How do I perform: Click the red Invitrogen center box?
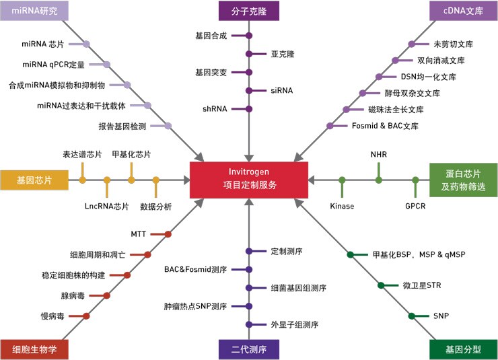pyautogui.click(x=249, y=180)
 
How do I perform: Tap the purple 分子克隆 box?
pyautogui.click(x=249, y=10)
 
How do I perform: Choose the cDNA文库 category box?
pyautogui.click(x=464, y=10)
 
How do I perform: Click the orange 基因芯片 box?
pyautogui.click(x=34, y=180)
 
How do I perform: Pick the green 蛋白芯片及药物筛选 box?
pyautogui.click(x=463, y=180)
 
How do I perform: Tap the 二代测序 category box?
pyautogui.click(x=249, y=349)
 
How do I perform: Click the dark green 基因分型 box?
pyautogui.click(x=463, y=349)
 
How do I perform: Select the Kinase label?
pyautogui.click(x=342, y=206)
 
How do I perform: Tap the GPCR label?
pyautogui.click(x=415, y=206)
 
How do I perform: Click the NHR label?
pyautogui.click(x=379, y=154)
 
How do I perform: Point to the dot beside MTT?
pyautogui.click(x=168, y=234)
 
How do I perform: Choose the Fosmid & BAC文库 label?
pyautogui.click(x=384, y=126)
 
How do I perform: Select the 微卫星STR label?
pyautogui.click(x=422, y=285)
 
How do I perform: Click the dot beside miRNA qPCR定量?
pyautogui.click(x=107, y=65)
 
